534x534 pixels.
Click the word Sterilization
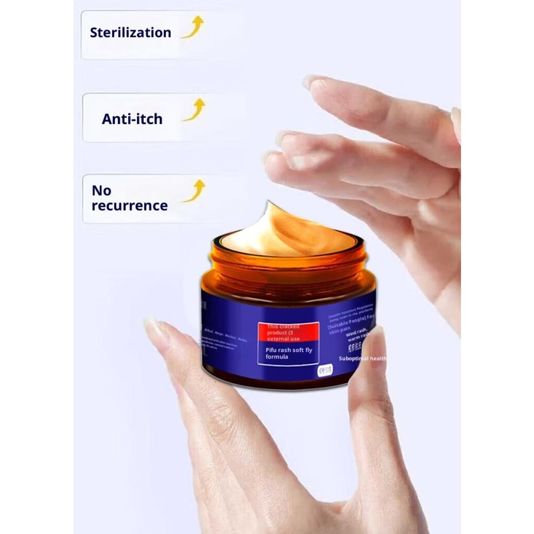coord(130,32)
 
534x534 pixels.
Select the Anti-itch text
coord(132,119)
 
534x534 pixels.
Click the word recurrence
coord(129,205)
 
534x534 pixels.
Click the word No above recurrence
coord(101,190)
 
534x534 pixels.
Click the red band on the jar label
coord(288,332)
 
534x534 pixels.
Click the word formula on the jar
coord(277,357)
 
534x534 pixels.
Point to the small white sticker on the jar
coord(325,370)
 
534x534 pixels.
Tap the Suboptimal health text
coord(363,358)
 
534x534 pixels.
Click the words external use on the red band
coord(284,338)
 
